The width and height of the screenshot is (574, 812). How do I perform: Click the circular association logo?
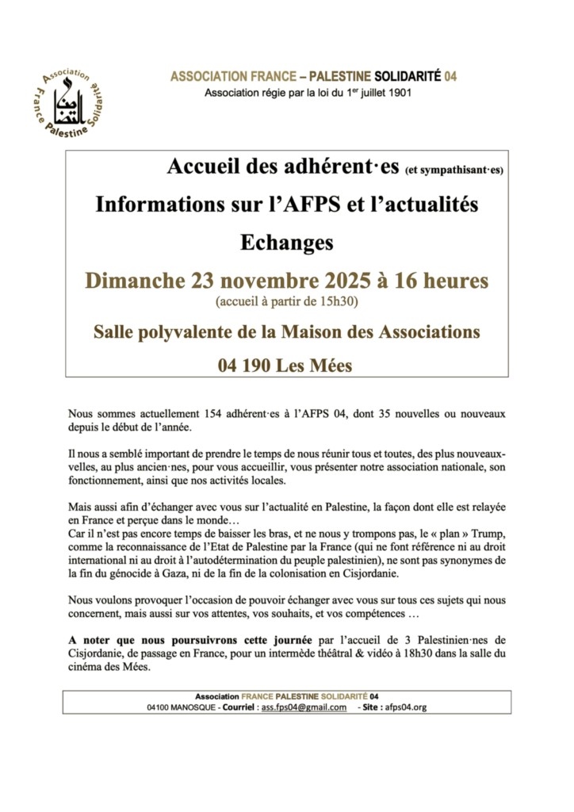71,100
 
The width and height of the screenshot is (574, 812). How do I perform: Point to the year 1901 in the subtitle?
396,93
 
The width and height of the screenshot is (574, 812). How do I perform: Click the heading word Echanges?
286,242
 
